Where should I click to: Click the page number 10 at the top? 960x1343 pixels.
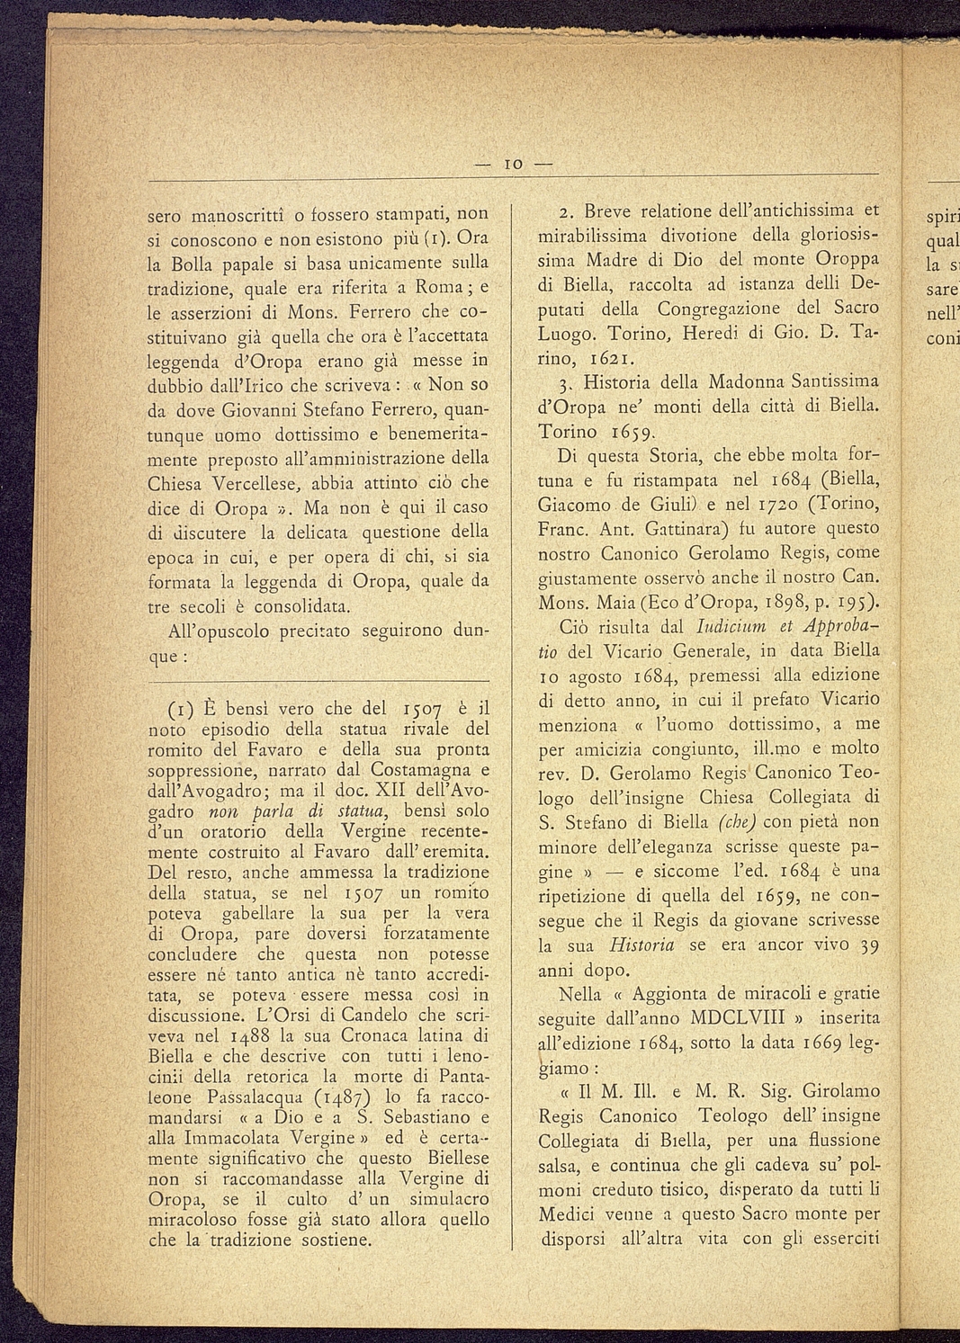point(514,165)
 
